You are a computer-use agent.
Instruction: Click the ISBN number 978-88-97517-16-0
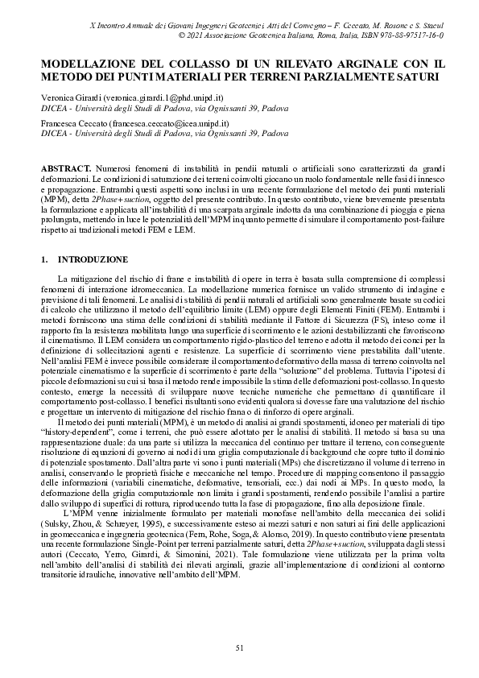(409, 36)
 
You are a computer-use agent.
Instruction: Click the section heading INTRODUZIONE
(93, 260)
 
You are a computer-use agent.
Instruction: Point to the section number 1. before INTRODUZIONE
(43, 260)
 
